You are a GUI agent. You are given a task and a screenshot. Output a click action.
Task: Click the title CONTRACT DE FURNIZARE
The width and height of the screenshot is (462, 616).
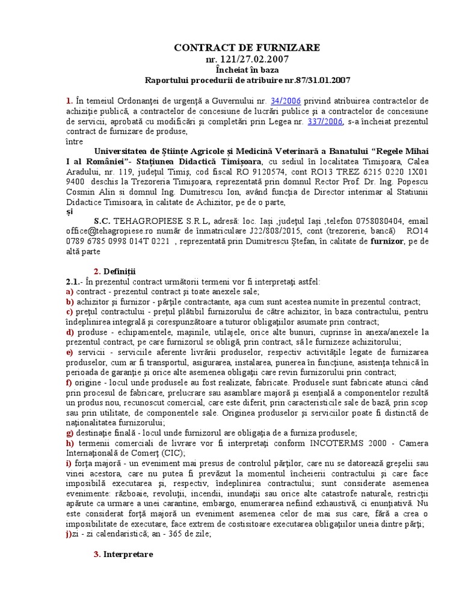click(247, 48)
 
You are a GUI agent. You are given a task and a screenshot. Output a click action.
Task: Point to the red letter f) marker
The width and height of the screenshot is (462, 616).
click(69, 382)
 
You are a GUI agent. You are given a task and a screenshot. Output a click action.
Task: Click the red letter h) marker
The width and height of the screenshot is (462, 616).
click(69, 443)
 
